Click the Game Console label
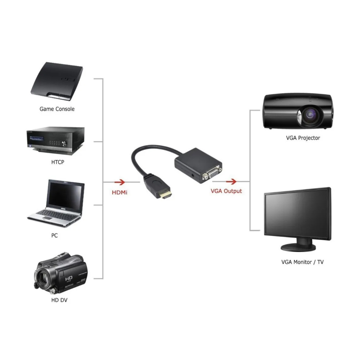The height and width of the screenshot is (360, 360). pyautogui.click(x=57, y=109)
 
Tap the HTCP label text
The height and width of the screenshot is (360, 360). pyautogui.click(x=58, y=162)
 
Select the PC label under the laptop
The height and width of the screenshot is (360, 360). pyautogui.click(x=54, y=235)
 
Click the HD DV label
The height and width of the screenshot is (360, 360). pyautogui.click(x=59, y=300)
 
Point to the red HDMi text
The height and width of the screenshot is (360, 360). pyautogui.click(x=119, y=192)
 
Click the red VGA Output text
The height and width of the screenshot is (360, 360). pyautogui.click(x=226, y=191)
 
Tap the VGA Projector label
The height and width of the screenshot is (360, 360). pyautogui.click(x=303, y=138)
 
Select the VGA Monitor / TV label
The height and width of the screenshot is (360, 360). pyautogui.click(x=302, y=262)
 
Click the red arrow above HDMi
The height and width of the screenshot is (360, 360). pyautogui.click(x=120, y=182)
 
